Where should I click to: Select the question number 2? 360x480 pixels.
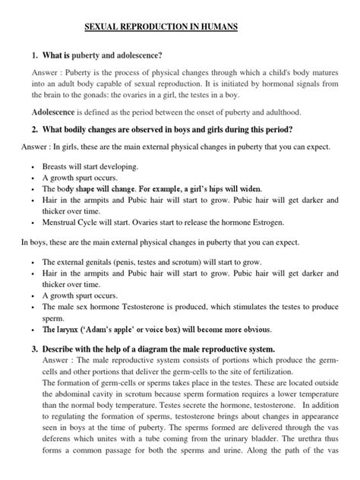(35, 130)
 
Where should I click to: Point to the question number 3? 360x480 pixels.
(35, 349)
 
